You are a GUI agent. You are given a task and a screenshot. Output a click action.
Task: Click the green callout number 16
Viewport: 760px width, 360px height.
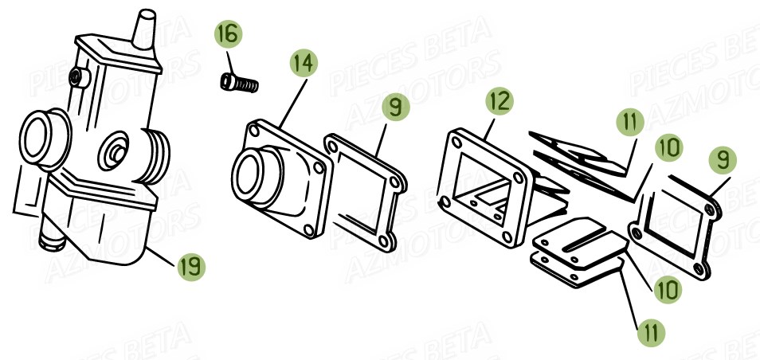[229, 34]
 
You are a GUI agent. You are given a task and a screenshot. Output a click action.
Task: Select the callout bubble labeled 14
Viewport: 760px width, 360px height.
[304, 63]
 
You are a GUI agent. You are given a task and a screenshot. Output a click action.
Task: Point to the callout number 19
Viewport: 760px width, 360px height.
[191, 267]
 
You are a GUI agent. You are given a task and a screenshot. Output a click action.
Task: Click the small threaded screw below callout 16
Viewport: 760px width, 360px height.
[239, 83]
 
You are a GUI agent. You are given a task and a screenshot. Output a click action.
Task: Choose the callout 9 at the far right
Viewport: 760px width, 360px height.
[723, 160]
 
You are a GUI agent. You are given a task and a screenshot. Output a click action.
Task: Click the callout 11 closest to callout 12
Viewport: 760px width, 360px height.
[630, 122]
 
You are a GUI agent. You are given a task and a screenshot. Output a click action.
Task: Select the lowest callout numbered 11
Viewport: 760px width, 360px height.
[651, 333]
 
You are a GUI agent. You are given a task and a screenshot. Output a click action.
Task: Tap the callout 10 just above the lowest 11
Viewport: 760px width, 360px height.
[668, 290]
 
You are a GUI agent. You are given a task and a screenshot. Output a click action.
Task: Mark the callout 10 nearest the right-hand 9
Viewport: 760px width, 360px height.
[668, 148]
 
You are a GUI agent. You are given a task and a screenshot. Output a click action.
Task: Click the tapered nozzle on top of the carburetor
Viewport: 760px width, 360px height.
[144, 29]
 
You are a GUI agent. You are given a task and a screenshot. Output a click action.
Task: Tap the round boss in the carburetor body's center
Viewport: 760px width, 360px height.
[113, 151]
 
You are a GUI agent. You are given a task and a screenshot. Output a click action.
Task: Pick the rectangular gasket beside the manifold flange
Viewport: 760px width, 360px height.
[366, 193]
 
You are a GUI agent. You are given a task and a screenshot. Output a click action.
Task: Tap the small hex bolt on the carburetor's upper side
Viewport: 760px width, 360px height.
[77, 76]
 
